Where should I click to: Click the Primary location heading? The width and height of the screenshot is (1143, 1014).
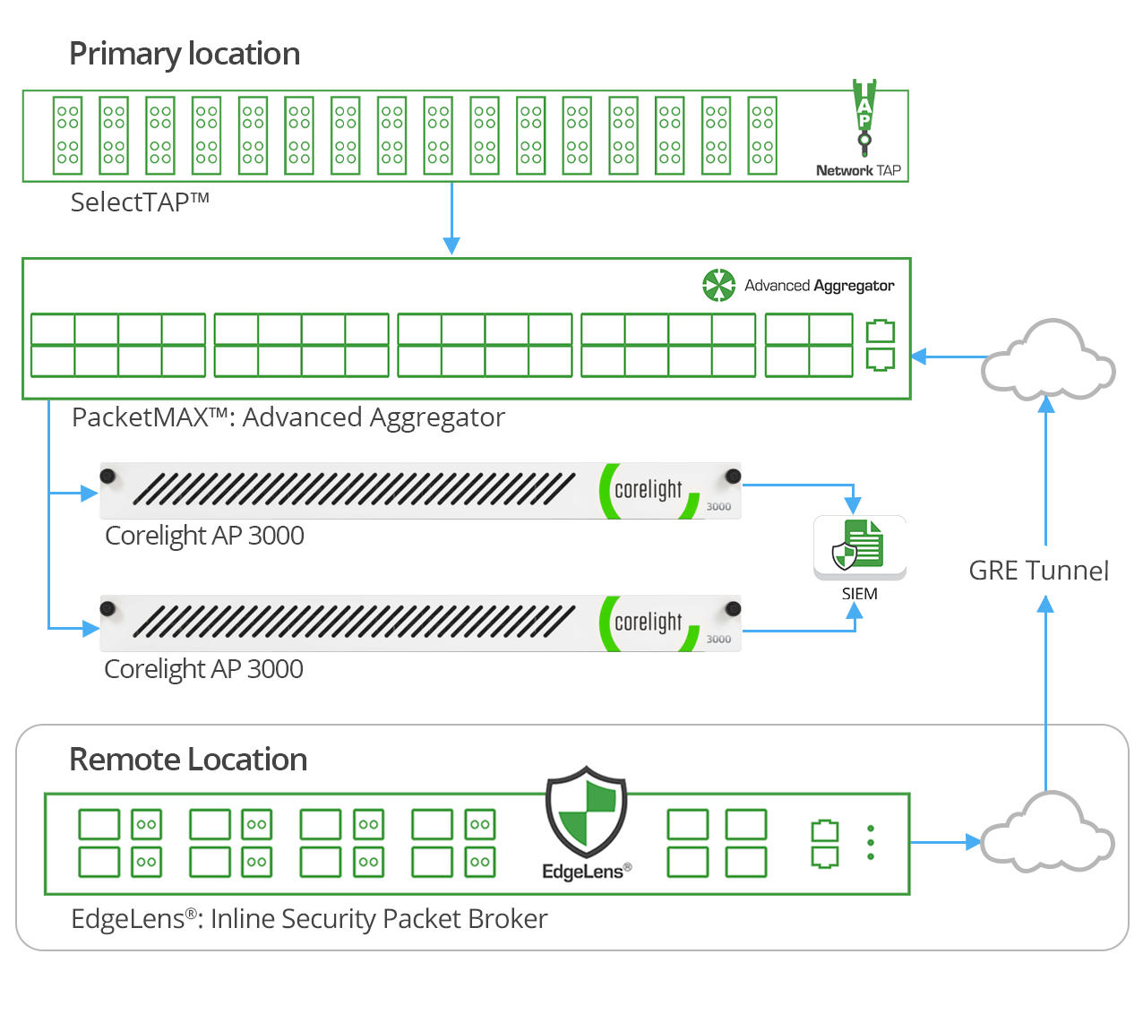click(185, 55)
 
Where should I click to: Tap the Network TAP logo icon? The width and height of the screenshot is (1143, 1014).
click(864, 117)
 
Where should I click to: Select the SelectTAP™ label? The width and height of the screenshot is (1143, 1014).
click(140, 202)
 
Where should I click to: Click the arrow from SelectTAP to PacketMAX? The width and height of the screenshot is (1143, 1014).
click(451, 219)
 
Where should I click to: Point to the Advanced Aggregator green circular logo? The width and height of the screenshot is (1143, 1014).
click(718, 286)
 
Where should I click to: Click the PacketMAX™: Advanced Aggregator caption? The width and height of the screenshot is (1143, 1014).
click(288, 417)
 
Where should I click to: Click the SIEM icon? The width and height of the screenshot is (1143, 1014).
click(859, 546)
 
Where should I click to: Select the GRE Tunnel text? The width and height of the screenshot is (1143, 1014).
click(1038, 571)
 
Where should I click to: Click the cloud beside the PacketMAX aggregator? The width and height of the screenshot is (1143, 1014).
click(1047, 360)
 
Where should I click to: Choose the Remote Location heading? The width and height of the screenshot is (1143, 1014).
click(188, 760)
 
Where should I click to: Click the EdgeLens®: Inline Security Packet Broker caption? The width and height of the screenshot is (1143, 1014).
click(309, 919)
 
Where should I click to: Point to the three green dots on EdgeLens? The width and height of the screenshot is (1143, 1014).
click(871, 843)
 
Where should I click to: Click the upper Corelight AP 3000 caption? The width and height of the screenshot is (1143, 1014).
click(204, 536)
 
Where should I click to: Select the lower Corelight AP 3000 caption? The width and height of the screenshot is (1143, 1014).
click(203, 669)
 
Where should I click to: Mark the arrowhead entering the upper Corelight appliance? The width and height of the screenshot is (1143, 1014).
click(89, 493)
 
